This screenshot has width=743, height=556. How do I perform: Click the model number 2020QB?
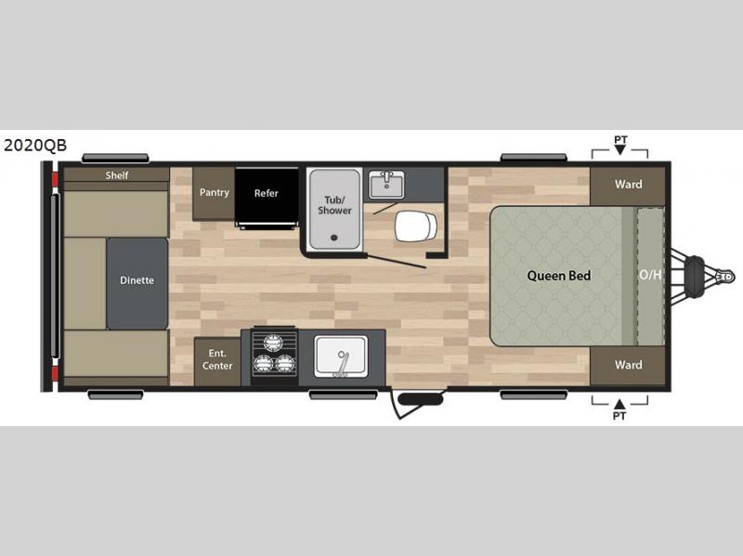pos(35,146)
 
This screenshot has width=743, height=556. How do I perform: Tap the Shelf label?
pos(117,175)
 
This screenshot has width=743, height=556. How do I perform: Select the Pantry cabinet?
pos(214,193)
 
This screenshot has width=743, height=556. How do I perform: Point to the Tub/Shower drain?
pos(334,238)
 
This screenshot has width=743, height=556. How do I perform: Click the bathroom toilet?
pos(416,226)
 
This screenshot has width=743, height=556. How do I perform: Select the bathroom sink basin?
pos(386,184)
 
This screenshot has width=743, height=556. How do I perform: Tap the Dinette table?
pos(137,283)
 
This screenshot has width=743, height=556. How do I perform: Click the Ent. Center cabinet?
pos(217,361)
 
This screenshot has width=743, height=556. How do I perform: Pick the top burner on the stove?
pos(273,342)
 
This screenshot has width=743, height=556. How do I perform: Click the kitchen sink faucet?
pos(342,364)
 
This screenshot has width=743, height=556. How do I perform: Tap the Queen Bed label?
pos(559,276)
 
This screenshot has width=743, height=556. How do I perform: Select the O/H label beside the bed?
pos(650,275)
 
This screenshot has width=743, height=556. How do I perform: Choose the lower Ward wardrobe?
pos(628,365)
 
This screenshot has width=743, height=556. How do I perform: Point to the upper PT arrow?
pos(620,149)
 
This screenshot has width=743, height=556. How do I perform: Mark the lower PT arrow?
pos(619,404)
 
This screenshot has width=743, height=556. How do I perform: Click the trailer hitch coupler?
pos(725,276)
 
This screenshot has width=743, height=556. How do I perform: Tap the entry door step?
pos(421,399)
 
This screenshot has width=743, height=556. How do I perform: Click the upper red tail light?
pos(55,179)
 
